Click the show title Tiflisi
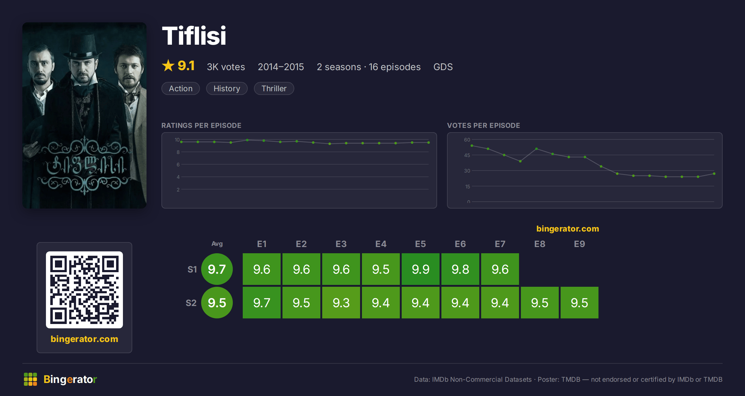[194, 36]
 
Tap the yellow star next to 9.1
[168, 65]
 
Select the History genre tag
[227, 88]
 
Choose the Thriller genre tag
[274, 88]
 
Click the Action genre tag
[181, 88]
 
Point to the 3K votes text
[226, 67]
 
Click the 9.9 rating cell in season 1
[421, 269]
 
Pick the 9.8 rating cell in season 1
[460, 269]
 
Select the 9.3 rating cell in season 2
[341, 303]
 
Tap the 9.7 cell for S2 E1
[262, 303]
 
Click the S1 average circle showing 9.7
[217, 269]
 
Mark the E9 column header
[580, 244]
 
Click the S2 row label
[191, 303]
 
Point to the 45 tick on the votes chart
[467, 155]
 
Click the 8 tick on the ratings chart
[178, 152]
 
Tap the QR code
[84, 290]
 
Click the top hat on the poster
[82, 47]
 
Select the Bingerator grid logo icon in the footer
[30, 379]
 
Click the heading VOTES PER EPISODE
[483, 125]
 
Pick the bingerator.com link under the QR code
[84, 339]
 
